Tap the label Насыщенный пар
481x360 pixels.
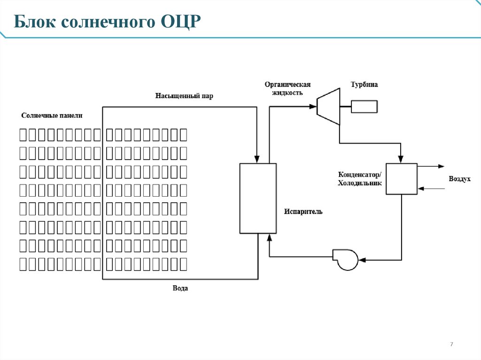(x=184, y=96)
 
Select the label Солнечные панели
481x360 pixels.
(x=55, y=115)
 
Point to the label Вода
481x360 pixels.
(x=180, y=288)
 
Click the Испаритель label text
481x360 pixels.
(x=303, y=212)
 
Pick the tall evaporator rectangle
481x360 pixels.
(x=257, y=198)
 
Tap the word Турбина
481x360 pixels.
(x=364, y=85)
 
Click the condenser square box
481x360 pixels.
(x=401, y=178)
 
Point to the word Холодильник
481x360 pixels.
(x=360, y=183)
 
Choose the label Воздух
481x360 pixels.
(x=459, y=179)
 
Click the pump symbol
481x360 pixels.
(x=345, y=259)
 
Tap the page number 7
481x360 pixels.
(x=451, y=345)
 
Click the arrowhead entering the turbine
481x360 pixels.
(x=313, y=107)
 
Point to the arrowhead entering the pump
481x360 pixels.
(x=361, y=259)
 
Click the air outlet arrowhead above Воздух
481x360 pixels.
(x=441, y=166)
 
